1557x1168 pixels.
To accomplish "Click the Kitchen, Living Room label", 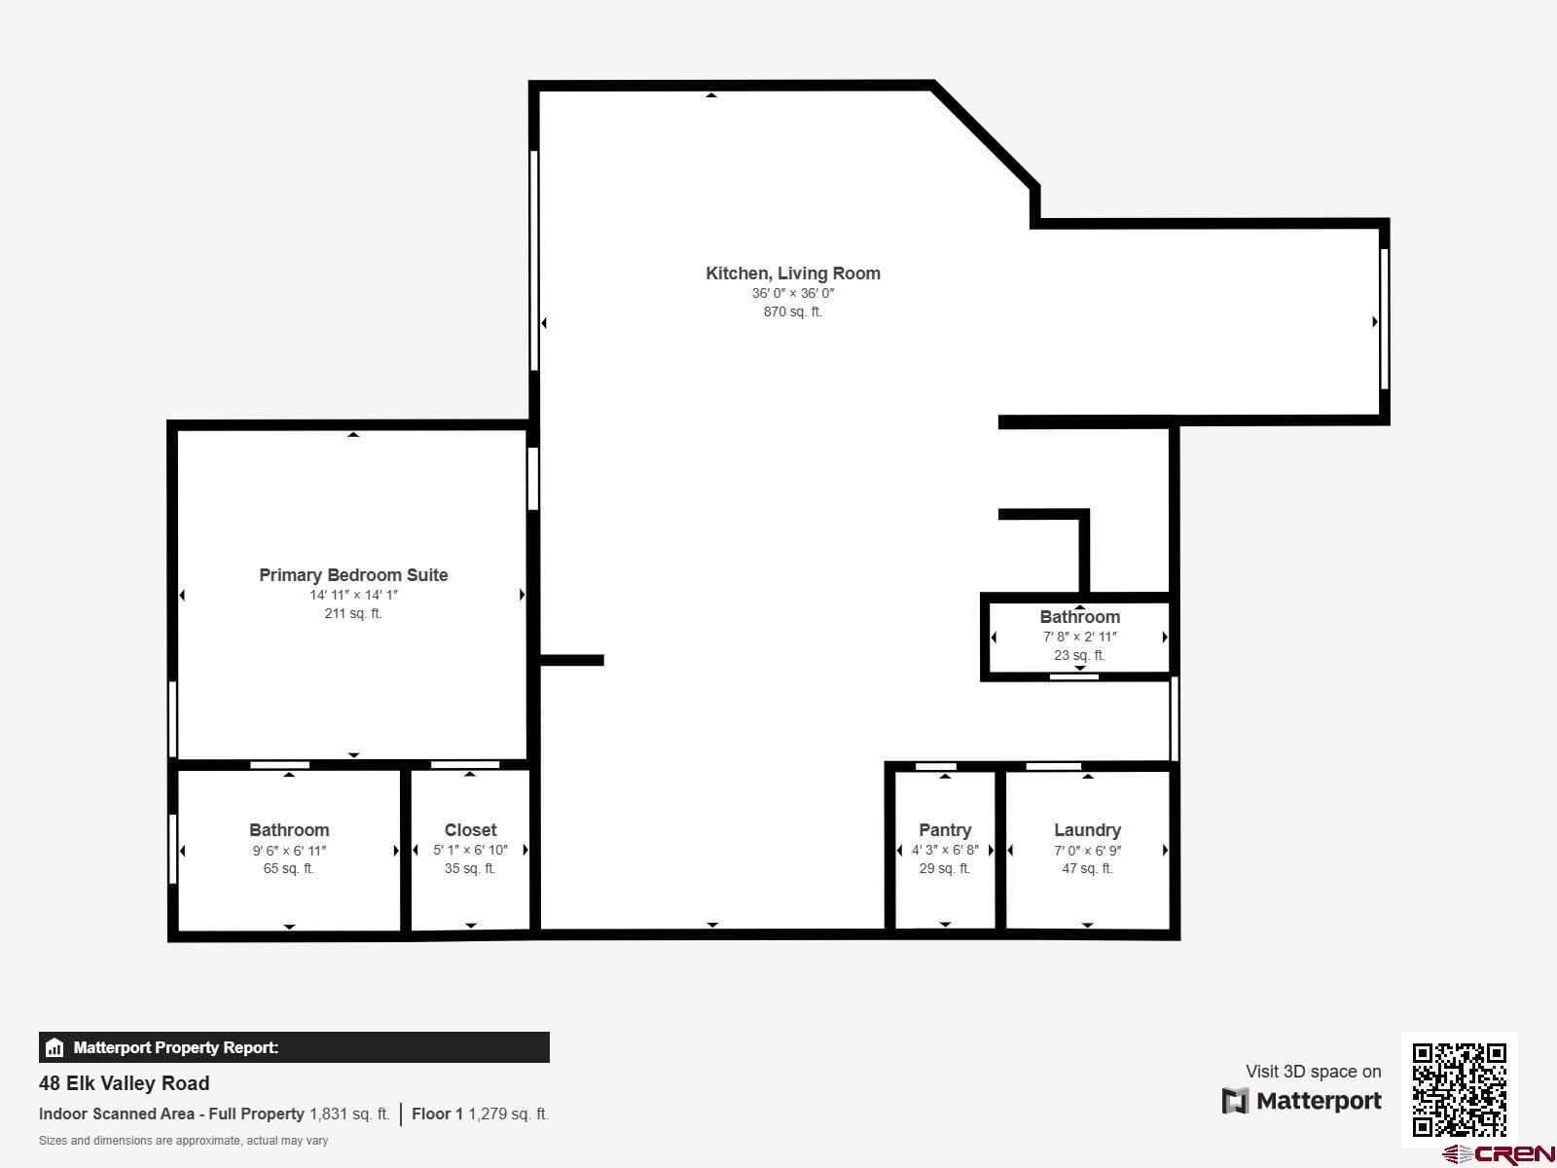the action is point(793,274).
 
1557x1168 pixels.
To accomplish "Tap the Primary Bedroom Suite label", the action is point(353,575).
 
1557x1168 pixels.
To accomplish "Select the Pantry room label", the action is point(945,829).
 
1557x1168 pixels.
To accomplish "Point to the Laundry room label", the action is point(1087,829).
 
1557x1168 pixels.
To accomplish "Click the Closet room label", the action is point(470,829).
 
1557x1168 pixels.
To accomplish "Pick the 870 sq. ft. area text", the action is point(793,311).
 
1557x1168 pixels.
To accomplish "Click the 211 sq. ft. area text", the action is point(353,613).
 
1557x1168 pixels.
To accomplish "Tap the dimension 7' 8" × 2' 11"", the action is point(1079,637).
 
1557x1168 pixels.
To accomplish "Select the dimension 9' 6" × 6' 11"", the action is point(289,851).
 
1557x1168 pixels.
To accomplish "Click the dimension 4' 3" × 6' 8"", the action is point(945,850).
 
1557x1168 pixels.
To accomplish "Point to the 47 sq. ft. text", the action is point(1087,869).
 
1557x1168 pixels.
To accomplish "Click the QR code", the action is point(1459,1089).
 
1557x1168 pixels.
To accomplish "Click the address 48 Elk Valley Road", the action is point(125,1083).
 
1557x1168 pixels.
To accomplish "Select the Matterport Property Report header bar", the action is point(294,1047).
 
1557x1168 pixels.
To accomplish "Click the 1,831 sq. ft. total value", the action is point(349,1114).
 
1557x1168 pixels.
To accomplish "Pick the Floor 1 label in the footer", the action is point(437,1114).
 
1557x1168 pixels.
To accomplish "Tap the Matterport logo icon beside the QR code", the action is point(1235,1101).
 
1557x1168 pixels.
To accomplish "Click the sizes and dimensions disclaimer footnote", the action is point(183,1141).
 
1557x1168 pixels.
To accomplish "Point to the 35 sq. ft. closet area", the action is point(470,869).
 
